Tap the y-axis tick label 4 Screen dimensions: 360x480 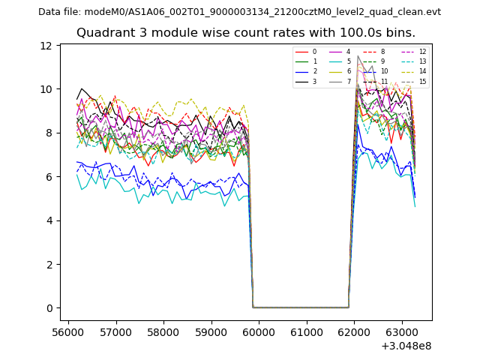coord(49,220)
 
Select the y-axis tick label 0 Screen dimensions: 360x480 coord(49,308)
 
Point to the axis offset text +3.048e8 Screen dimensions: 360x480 coord(405,346)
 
